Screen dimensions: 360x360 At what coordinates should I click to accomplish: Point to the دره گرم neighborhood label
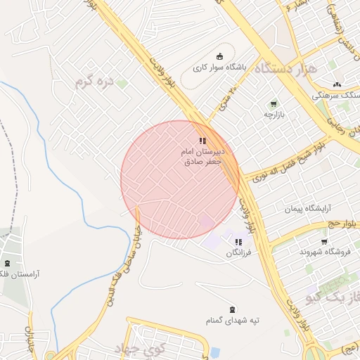[95, 81]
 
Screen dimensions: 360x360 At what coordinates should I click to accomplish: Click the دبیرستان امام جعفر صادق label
[203, 156]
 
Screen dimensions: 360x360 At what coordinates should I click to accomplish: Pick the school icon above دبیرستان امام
[202, 141]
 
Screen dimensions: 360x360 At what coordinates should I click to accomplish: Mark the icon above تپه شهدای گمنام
[233, 309]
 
